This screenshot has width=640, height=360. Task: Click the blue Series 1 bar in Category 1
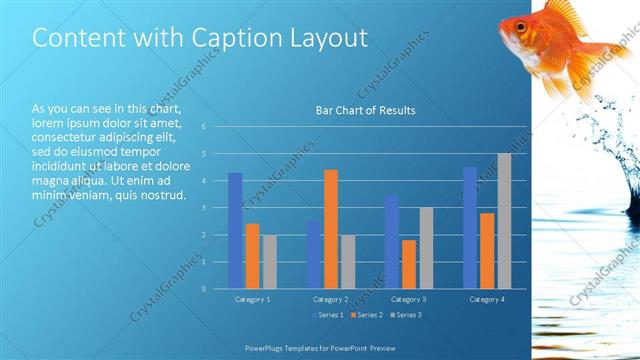click(235, 230)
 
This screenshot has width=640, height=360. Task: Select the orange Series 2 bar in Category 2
click(331, 229)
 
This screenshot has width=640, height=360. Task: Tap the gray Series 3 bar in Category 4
click(504, 221)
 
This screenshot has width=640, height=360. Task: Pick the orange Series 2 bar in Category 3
click(409, 264)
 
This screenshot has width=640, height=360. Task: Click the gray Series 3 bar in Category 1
click(270, 261)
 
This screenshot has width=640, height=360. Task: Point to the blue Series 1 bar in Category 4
click(470, 227)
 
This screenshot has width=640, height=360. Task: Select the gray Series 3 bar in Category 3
click(426, 248)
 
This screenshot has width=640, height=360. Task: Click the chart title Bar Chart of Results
click(365, 110)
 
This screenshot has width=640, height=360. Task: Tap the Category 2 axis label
click(330, 299)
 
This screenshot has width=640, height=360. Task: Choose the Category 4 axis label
click(487, 299)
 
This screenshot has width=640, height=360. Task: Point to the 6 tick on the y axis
click(203, 127)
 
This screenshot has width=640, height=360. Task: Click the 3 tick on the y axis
click(203, 208)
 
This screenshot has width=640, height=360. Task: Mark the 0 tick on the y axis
click(203, 289)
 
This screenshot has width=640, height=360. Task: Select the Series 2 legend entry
click(368, 315)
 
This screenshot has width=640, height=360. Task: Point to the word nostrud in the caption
click(163, 194)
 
